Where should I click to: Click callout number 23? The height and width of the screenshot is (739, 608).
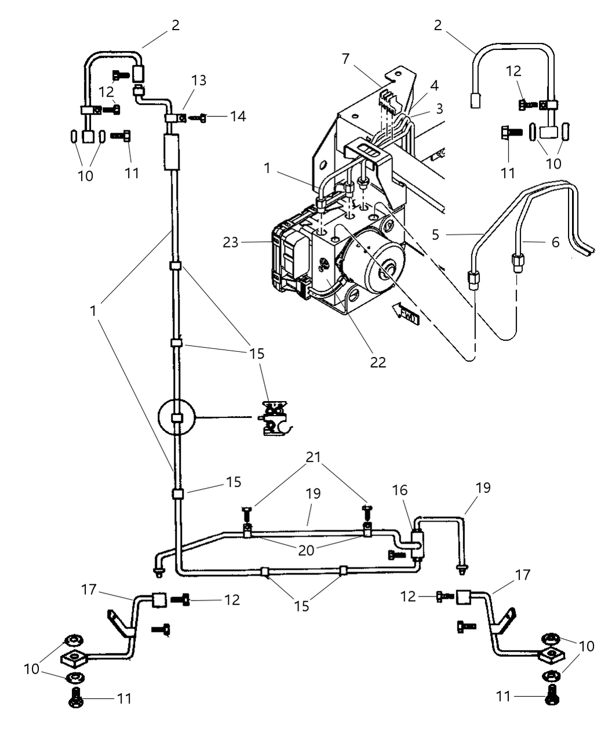[231, 242]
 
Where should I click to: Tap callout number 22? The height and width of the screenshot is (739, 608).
[377, 362]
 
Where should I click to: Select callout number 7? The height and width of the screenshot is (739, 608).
[345, 59]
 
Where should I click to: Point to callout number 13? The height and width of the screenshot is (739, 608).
[199, 80]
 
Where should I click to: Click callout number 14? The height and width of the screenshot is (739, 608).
[238, 117]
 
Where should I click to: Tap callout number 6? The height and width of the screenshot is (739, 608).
[555, 242]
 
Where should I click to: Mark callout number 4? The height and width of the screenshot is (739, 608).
[435, 86]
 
